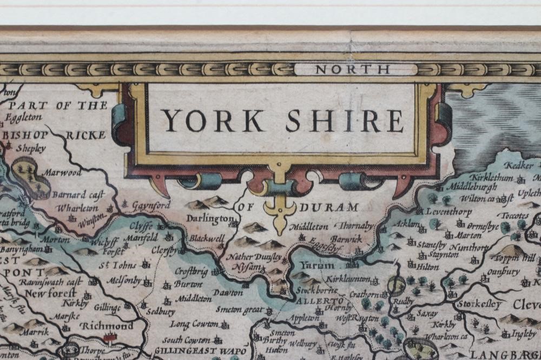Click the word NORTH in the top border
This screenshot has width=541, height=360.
tap(352, 69)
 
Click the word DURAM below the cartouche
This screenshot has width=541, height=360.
tap(331, 207)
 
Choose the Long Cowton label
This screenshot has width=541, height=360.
tap(194, 324)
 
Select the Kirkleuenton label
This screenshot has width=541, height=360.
tap(349, 279)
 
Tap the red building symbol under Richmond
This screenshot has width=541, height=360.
tap(111, 338)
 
